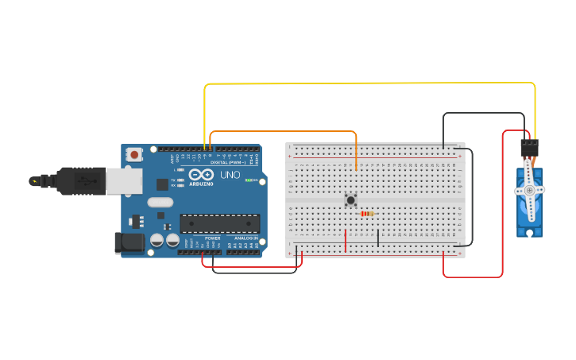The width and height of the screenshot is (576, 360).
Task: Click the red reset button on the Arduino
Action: pyautogui.click(x=135, y=154)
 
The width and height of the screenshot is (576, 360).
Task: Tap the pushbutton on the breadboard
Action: pyautogui.click(x=350, y=200)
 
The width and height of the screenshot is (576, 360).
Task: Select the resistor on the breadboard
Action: pyautogui.click(x=366, y=214)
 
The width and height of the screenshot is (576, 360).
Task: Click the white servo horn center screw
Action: pyautogui.click(x=529, y=191)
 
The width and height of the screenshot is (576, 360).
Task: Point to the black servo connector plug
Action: pyautogui.click(x=529, y=148)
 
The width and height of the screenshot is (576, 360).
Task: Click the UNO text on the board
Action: pyautogui.click(x=230, y=175)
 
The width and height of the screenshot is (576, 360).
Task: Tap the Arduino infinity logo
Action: pyautogui.click(x=201, y=175)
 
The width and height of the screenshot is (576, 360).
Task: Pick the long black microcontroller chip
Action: pyautogui.click(x=219, y=223)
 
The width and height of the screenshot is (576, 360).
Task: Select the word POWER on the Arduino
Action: pyautogui.click(x=213, y=238)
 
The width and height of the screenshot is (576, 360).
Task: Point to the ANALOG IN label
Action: pyautogui.click(x=243, y=238)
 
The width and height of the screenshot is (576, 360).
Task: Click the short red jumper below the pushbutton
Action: pyautogui.click(x=346, y=238)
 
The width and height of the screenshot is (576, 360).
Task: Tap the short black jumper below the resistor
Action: pyautogui.click(x=378, y=238)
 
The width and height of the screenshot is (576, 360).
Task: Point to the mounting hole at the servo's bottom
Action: pyautogui.click(x=529, y=232)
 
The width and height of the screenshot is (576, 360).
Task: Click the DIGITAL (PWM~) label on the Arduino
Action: pyautogui.click(x=229, y=162)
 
